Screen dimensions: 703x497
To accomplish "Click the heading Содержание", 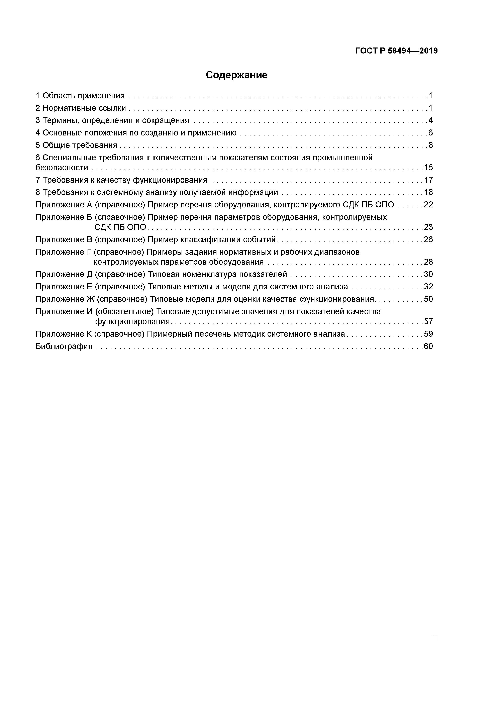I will coord(236,75).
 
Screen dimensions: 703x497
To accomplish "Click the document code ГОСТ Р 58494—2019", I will coord(397,51).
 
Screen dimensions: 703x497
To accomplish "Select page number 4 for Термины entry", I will coord(430,120).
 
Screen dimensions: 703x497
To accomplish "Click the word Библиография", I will coord(64,346).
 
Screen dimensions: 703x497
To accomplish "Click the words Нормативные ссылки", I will coord(84,108).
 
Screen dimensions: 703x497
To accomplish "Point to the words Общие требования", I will coord(80,145).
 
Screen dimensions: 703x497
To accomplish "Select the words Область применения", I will coord(83,96).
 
